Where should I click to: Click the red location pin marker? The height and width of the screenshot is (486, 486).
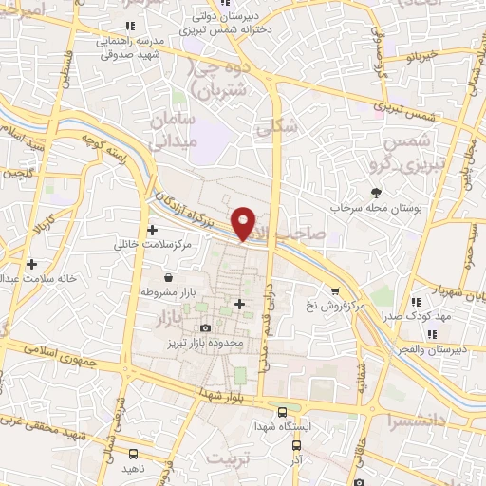click(x=245, y=222)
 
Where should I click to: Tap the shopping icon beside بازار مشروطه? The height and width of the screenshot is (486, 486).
click(x=168, y=278)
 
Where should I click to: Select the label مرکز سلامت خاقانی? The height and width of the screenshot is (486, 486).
click(x=153, y=244)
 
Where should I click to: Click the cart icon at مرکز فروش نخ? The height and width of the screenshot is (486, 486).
click(x=335, y=291)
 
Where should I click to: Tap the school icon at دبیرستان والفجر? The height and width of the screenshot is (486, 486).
click(x=432, y=333)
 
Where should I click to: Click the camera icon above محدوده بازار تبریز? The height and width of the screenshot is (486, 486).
click(x=203, y=327)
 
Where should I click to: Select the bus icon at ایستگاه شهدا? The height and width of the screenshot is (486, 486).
click(x=282, y=411)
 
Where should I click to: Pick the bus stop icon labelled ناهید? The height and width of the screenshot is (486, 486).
click(x=134, y=455)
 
